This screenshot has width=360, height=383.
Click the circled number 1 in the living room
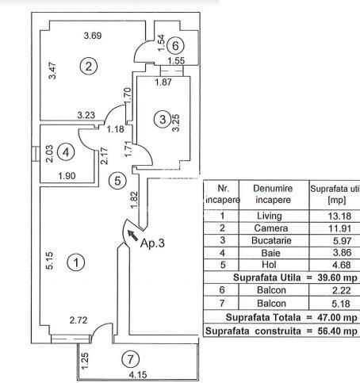pyautogui.click(x=76, y=262)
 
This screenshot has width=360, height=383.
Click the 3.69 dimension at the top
pyautogui.click(x=94, y=36)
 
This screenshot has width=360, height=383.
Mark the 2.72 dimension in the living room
pyautogui.click(x=78, y=320)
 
